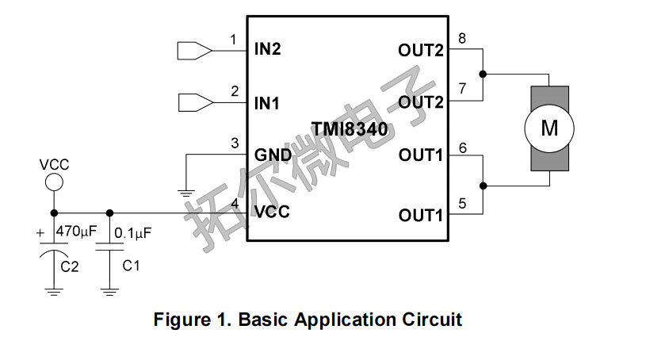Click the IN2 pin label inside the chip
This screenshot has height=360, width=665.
click(x=268, y=49)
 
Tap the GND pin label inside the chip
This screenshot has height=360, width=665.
click(x=271, y=154)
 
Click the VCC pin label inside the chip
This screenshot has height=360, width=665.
click(x=272, y=212)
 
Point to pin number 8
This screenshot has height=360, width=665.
click(x=462, y=38)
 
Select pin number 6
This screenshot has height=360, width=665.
click(x=462, y=147)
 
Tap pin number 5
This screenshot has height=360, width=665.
click(x=462, y=203)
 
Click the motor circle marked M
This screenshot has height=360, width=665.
click(x=549, y=128)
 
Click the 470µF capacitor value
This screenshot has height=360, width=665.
click(x=76, y=232)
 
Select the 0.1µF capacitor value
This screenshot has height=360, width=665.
click(x=133, y=233)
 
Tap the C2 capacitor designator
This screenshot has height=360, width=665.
click(x=71, y=267)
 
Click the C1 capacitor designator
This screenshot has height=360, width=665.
click(x=132, y=266)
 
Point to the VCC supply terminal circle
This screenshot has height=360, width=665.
click(x=53, y=182)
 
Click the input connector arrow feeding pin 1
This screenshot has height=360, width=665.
click(x=194, y=50)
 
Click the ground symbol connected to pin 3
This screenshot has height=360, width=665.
click(x=185, y=192)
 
